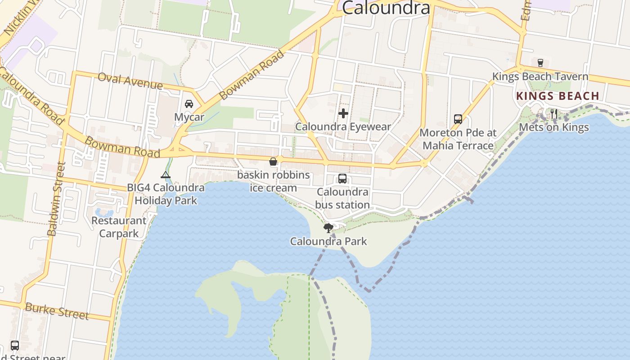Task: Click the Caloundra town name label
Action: coord(386,8)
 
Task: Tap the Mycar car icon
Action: coord(189,104)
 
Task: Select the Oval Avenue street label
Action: coord(130,81)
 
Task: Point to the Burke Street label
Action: coord(57,310)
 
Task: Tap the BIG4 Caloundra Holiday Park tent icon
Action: coord(166,175)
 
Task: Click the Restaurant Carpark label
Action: coord(119,227)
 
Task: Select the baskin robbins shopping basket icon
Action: coord(273,162)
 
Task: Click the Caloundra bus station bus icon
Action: coord(342,179)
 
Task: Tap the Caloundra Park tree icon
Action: coord(328,228)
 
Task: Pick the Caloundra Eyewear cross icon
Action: coord(343,113)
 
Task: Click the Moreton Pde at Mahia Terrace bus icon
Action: coord(458,119)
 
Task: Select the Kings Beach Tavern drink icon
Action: coord(540,63)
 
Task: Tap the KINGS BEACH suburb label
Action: coord(558,96)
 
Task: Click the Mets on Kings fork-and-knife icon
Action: coord(554,114)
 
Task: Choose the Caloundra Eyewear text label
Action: coord(343,127)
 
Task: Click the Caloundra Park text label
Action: coord(328,241)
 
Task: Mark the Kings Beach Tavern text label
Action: coord(540,76)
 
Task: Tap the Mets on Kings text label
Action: coord(554,127)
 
